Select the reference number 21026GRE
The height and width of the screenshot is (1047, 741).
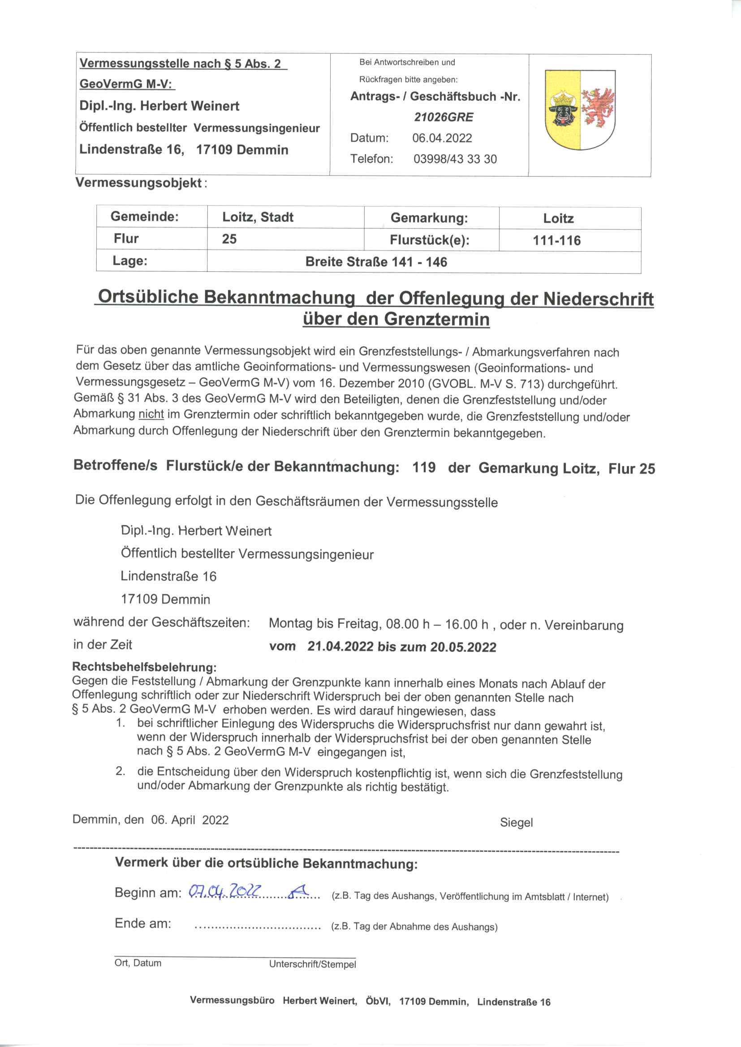point(444,117)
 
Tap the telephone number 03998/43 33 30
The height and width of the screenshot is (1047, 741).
point(455,159)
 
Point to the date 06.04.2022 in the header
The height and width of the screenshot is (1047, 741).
point(442,138)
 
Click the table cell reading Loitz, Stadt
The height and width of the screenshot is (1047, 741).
point(258,217)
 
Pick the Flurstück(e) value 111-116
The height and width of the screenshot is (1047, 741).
point(557,240)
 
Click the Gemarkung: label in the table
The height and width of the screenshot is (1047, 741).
point(429,218)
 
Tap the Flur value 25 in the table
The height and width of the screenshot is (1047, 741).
point(229,239)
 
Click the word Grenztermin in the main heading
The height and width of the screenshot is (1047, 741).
point(437,319)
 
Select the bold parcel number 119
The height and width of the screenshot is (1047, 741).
point(423,468)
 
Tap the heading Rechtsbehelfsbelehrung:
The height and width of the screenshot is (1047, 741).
point(144,667)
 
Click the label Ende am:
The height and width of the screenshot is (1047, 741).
point(143,924)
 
